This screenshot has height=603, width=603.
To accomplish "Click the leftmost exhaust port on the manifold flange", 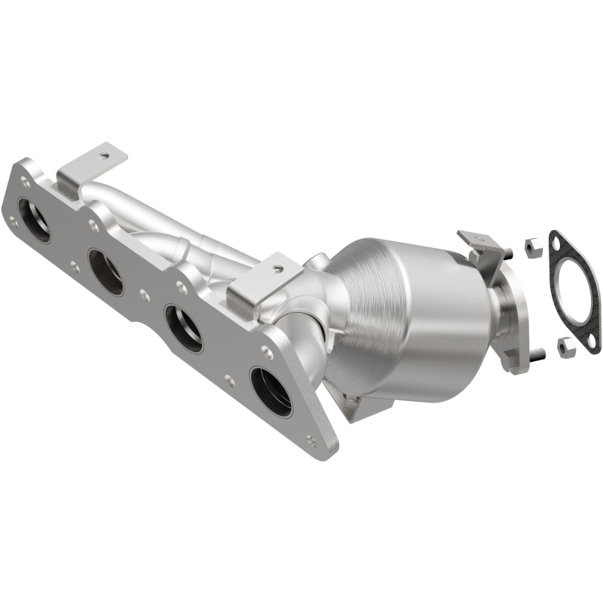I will pyautogui.click(x=33, y=220).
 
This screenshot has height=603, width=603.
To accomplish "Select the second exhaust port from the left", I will pyautogui.click(x=106, y=272).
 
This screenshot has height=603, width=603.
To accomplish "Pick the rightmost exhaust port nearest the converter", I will pyautogui.click(x=271, y=391).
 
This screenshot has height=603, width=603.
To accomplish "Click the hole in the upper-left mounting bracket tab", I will pyautogui.click(x=103, y=156).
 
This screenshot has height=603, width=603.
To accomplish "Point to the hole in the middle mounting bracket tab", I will pyautogui.click(x=277, y=268).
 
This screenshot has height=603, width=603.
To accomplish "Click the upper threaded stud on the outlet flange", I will pyautogui.click(x=510, y=252).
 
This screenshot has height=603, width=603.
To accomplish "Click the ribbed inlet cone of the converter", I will pyautogui.click(x=354, y=301).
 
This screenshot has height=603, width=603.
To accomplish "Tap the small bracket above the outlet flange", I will pyautogui.click(x=479, y=245).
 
